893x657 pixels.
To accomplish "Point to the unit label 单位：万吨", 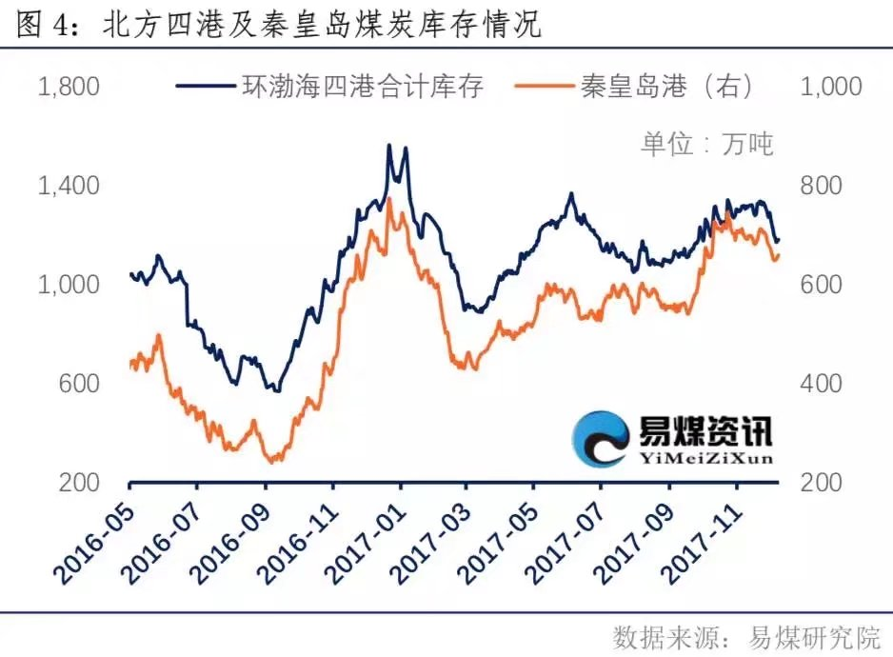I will pyautogui.click(x=705, y=144).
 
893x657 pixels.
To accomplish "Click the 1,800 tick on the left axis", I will pyautogui.click(x=68, y=87).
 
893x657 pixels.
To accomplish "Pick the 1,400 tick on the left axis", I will pyautogui.click(x=68, y=186).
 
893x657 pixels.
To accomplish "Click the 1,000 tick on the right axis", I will pyautogui.click(x=832, y=87).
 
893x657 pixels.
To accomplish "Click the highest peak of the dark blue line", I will pyautogui.click(x=388, y=146).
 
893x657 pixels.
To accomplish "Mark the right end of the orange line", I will pyautogui.click(x=779, y=254).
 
